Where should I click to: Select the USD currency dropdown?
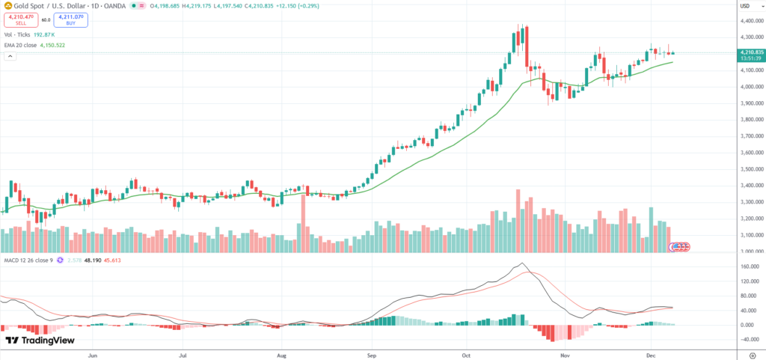pos(744,7)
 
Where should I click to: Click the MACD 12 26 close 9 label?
pos(31,260)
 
